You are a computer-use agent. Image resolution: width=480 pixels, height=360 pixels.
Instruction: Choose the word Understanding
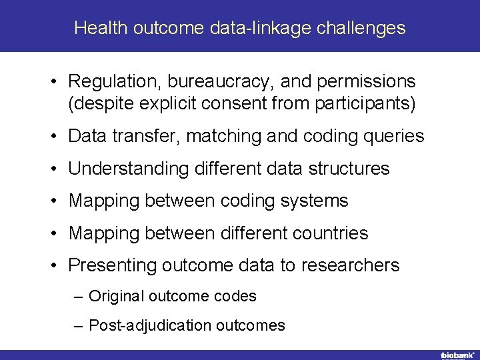coord(129,169)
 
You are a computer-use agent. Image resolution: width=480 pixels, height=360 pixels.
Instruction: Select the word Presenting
coord(112,265)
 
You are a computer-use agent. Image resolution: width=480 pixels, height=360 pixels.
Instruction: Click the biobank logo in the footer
coord(456,355)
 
